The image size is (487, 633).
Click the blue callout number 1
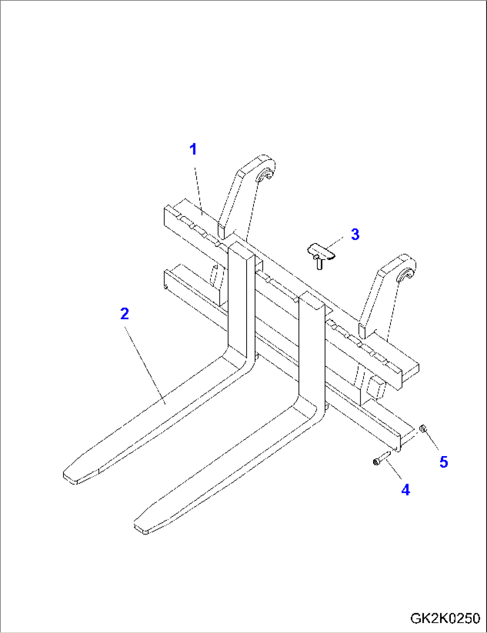tap(193, 149)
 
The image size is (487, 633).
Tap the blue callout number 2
tap(125, 314)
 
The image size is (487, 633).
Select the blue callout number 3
tap(355, 234)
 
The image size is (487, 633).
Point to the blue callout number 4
tap(405, 490)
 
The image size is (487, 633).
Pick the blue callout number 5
tap(443, 462)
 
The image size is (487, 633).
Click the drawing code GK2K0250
tap(445, 618)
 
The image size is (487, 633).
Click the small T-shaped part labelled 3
tap(321, 255)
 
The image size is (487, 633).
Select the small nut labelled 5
tap(423, 428)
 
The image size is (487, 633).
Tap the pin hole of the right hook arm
tap(405, 275)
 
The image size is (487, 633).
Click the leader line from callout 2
tap(145, 365)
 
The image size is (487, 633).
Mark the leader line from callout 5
tap(432, 441)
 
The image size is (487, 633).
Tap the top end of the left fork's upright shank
tap(241, 250)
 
